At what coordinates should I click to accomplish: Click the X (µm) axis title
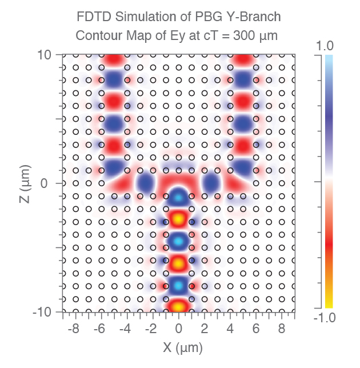click(x=179, y=347)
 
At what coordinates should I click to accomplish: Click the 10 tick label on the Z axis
click(x=44, y=55)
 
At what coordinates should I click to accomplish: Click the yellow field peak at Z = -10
click(x=178, y=306)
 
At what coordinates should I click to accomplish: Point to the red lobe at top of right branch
click(x=244, y=59)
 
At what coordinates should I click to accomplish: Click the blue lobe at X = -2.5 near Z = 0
click(x=146, y=183)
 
